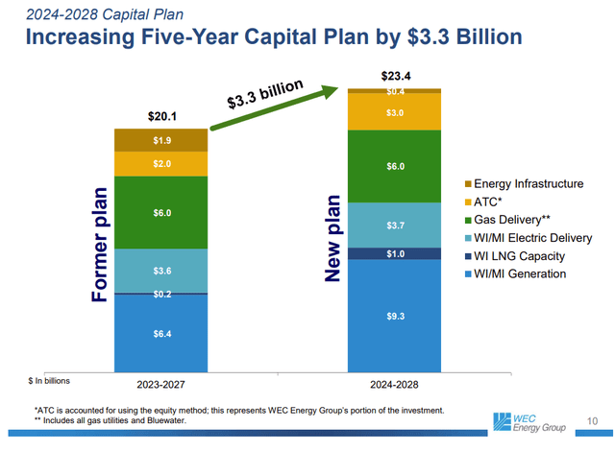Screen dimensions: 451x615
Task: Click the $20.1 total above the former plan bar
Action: (162, 116)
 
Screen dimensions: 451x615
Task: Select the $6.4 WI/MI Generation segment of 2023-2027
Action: (162, 333)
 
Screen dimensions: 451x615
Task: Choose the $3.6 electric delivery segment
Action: (162, 271)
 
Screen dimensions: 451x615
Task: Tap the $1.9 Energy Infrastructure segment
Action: (162, 140)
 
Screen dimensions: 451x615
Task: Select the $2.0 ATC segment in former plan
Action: (162, 164)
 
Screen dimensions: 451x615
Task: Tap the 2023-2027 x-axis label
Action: (162, 384)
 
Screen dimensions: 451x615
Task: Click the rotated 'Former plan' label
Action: (101, 246)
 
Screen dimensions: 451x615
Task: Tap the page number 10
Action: (591, 419)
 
